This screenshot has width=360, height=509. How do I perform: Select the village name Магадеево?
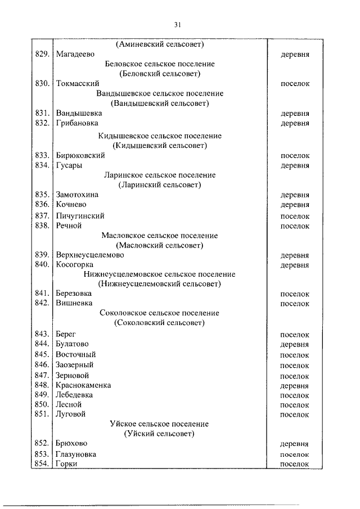[x=75, y=55]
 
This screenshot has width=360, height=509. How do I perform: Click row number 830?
[x=43, y=84]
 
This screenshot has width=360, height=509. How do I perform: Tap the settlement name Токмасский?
[x=78, y=84]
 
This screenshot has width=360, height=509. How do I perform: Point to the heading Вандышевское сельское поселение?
[x=160, y=93]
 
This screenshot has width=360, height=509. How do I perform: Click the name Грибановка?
[x=77, y=123]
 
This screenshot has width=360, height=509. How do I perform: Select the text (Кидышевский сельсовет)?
[x=160, y=146]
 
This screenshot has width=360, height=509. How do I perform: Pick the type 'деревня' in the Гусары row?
[x=295, y=165]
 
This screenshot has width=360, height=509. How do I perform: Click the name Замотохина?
[x=77, y=195]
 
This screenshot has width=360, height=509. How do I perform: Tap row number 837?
[x=43, y=215]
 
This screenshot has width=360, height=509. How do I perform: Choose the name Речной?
[x=69, y=226]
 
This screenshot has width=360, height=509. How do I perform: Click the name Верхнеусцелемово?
[x=90, y=255]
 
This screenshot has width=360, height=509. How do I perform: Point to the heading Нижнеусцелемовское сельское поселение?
[x=160, y=274]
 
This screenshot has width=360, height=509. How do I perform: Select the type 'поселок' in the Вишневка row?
[x=295, y=304]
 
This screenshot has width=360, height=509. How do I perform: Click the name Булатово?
[x=72, y=344]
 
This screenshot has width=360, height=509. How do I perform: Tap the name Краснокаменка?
[x=83, y=385]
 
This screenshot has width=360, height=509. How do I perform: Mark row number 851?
[x=43, y=415]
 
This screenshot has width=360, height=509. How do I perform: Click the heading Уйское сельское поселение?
[x=160, y=424]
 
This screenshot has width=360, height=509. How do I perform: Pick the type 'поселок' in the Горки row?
[x=295, y=464]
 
